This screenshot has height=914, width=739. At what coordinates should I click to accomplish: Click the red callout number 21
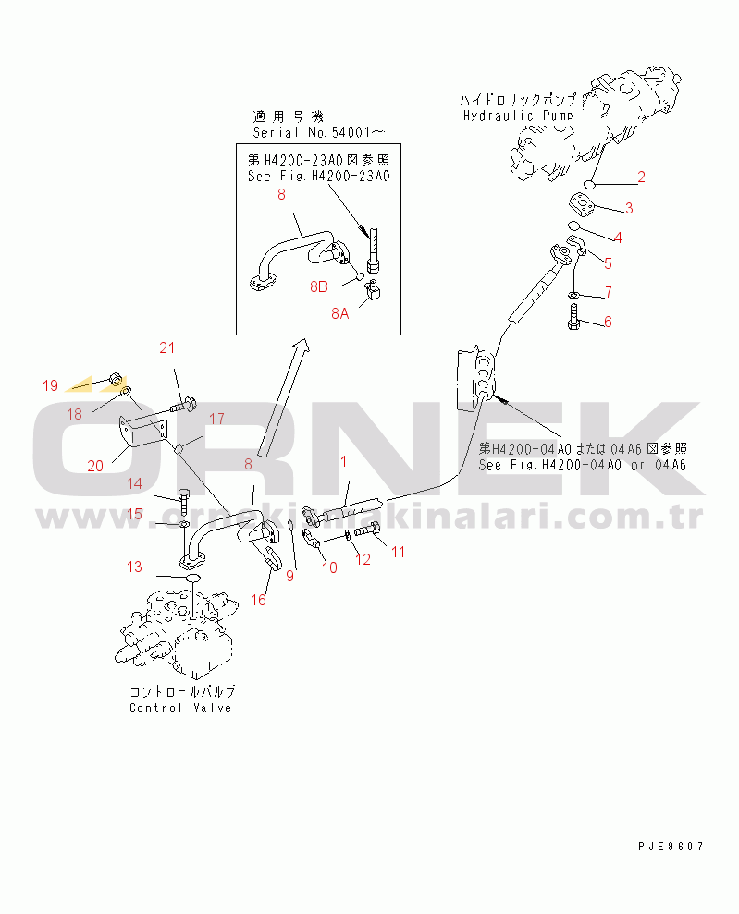pyautogui.click(x=166, y=347)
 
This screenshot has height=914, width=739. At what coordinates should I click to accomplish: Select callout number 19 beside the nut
pyautogui.click(x=50, y=384)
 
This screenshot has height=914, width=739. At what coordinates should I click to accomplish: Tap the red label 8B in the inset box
pyautogui.click(x=318, y=286)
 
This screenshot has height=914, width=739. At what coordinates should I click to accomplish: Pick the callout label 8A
pyautogui.click(x=340, y=314)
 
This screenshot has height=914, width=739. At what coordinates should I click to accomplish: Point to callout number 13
pyautogui.click(x=135, y=567)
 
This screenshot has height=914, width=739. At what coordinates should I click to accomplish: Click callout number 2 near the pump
pyautogui.click(x=641, y=177)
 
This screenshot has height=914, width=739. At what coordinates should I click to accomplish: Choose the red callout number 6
pyautogui.click(x=608, y=322)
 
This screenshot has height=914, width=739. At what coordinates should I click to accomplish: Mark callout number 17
pyautogui.click(x=216, y=419)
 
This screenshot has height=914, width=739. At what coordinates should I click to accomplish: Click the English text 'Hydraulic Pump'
pyautogui.click(x=517, y=116)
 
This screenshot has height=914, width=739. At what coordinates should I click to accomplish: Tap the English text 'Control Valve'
pyautogui.click(x=180, y=708)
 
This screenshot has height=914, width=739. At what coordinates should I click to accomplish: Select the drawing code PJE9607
pyautogui.click(x=671, y=846)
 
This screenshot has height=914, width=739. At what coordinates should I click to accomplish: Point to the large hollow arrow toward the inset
pyautogui.click(x=281, y=397)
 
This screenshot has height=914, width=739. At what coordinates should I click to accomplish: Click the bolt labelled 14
pyautogui.click(x=183, y=501)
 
